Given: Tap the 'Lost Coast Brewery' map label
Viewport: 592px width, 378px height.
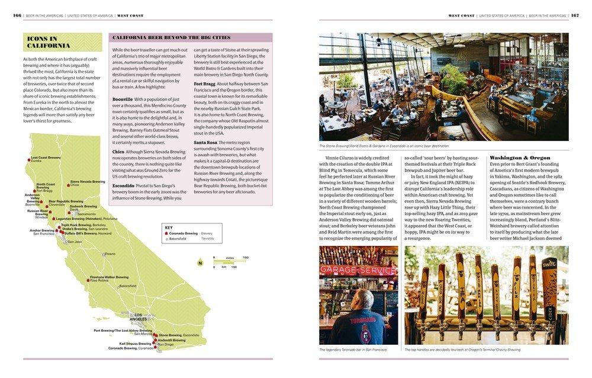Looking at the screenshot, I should coord(46,158).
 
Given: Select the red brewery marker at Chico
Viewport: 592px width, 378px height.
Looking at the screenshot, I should coord(68,185).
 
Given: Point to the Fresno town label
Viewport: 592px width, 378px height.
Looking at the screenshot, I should coord(110,254).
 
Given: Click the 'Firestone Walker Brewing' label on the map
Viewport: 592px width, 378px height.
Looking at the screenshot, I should coord(109,277).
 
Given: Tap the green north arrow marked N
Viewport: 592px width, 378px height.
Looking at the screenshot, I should coord(200,262).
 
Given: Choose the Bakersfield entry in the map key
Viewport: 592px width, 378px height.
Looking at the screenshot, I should coord(181,239).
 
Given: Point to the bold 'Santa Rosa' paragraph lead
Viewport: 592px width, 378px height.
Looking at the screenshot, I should coord(205,143).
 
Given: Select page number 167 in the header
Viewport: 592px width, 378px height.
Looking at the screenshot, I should coord(574,15).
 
